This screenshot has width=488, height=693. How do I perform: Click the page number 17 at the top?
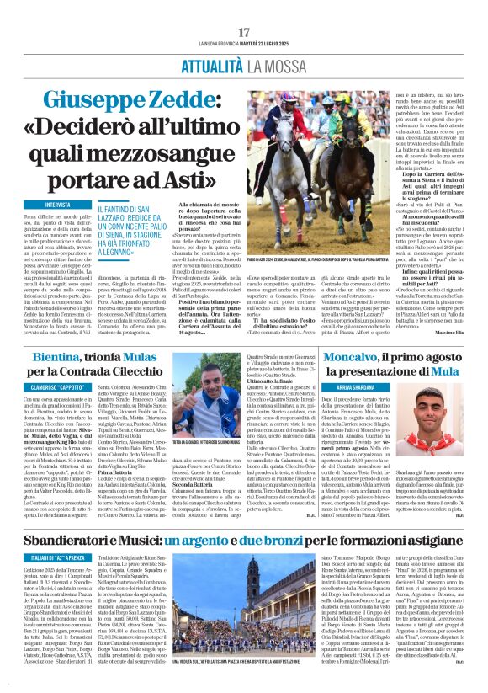coord(244,32)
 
